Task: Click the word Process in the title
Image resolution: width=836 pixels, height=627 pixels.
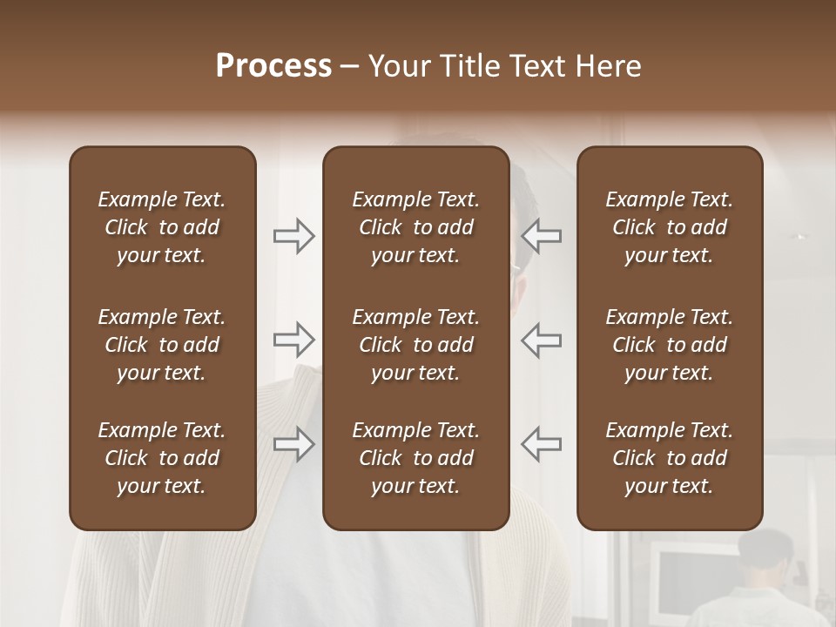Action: [x=273, y=66]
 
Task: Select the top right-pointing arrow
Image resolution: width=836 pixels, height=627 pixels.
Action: [x=294, y=235]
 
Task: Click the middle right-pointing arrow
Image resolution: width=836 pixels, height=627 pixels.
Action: [x=294, y=340]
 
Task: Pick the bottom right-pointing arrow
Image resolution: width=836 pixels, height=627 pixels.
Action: [x=294, y=444]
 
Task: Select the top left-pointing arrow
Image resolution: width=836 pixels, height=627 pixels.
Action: [x=541, y=235]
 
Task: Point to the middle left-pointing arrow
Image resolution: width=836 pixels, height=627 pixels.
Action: [x=541, y=340]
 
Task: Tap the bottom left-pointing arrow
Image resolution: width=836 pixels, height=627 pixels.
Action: [x=541, y=444]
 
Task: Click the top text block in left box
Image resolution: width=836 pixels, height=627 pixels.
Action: [x=162, y=227]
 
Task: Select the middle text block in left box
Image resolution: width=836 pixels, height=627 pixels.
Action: [x=162, y=345]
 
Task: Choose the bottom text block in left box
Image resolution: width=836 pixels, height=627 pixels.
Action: [x=162, y=458]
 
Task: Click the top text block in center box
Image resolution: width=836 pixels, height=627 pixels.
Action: [x=415, y=227]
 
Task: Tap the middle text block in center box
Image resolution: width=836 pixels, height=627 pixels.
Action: [x=415, y=345]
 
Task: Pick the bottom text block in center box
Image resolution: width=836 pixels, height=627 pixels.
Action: [x=415, y=458]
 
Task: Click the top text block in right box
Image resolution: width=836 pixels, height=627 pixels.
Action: [x=669, y=227]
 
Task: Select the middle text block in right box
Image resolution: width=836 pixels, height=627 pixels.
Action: [x=669, y=345]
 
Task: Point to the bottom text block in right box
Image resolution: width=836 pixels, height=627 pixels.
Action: [x=669, y=458]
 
